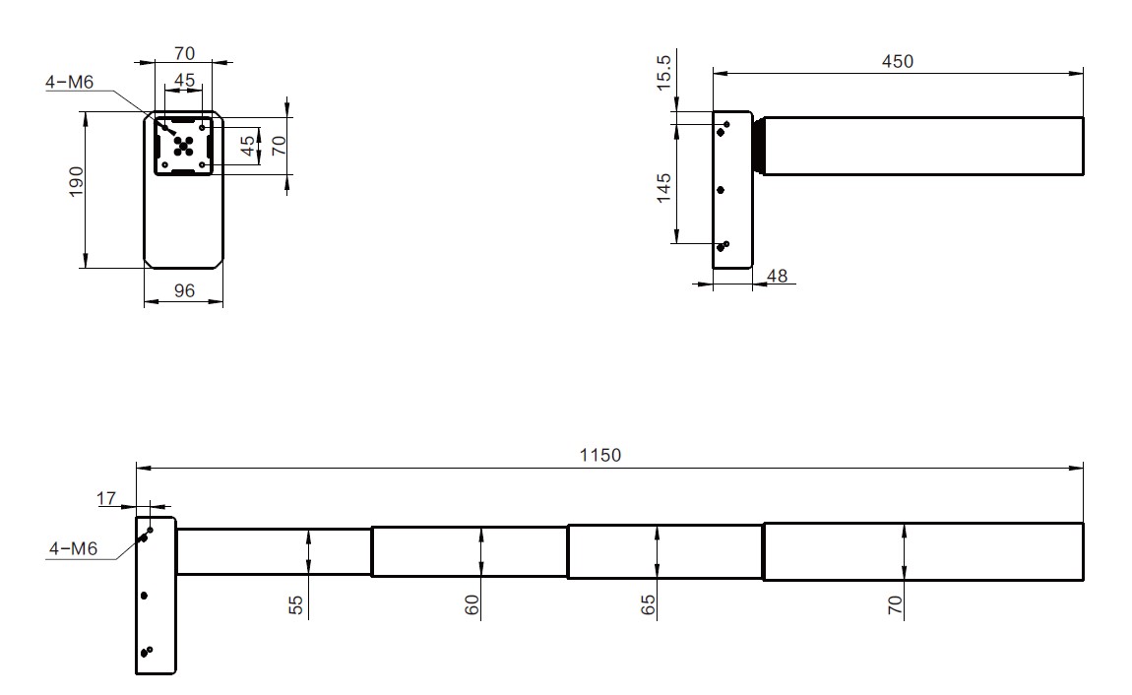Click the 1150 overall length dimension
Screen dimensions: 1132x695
pos(599,456)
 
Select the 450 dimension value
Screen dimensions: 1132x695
pos(898,62)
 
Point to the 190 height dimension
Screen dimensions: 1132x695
pos(76,182)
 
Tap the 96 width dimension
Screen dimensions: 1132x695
pos(184,290)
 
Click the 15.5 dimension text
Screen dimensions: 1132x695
pos(663,72)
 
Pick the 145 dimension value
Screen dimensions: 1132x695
pos(663,188)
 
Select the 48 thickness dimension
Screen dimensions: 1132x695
pos(777,276)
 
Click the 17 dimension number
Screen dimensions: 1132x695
pos(106,498)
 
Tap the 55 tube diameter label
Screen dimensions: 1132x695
pos(296,604)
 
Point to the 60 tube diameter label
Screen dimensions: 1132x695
pos(472,604)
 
